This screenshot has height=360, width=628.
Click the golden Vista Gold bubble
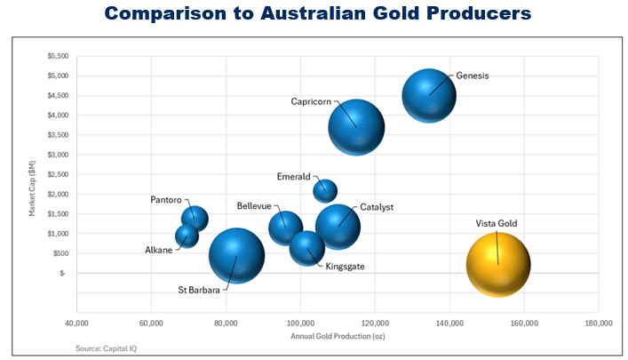pos(498,264)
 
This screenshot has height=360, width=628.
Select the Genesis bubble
pos(429,95)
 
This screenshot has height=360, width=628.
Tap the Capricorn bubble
pos(356,127)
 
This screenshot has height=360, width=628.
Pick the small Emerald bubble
pos(325,190)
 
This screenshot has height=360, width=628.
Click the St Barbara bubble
pos(236,256)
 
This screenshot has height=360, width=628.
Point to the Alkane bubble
pos(187,236)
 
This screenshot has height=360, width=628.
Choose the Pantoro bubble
pos(195,218)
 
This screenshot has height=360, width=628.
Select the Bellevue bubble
pos(286,227)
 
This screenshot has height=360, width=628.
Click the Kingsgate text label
pos(345,266)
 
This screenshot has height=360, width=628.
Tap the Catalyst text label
pos(377,207)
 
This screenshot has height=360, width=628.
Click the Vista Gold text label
pos(496,223)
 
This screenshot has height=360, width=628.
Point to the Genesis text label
pos(473,76)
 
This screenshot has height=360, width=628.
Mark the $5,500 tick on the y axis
pos(55,56)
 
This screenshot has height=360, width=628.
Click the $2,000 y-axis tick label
pos(55,194)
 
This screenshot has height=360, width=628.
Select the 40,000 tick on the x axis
pos(76,322)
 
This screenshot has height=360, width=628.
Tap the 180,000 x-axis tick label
pos(599,322)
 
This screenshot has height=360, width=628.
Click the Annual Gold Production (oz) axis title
pos(337,336)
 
